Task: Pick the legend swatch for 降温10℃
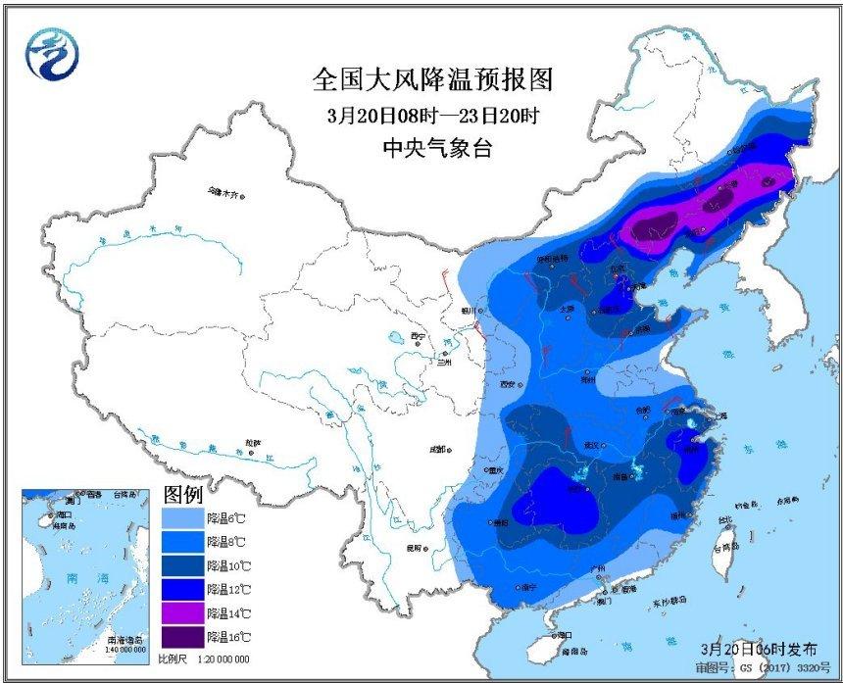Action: [x=183, y=565]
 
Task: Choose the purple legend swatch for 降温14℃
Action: [x=183, y=613]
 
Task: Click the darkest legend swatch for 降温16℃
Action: [x=183, y=637]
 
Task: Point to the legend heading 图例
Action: [x=182, y=493]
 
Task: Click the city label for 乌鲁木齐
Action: [x=223, y=194]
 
